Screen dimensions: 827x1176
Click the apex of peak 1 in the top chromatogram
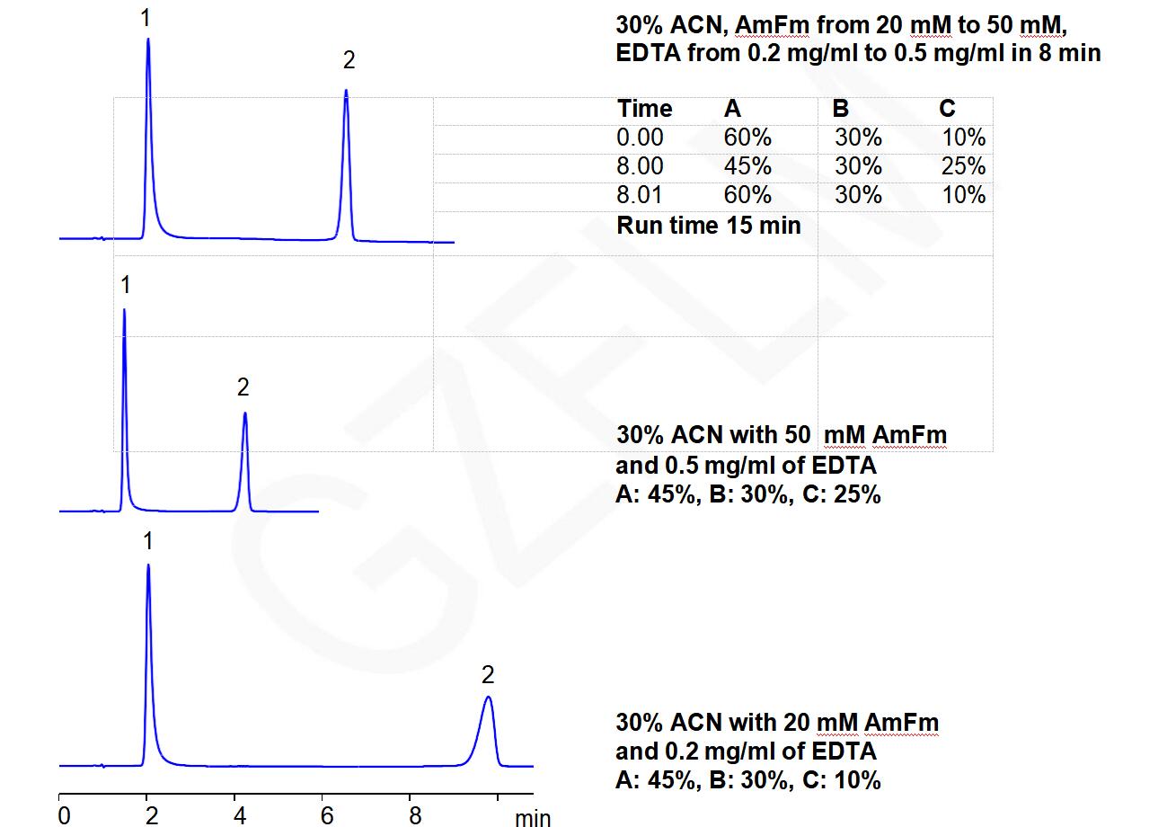click(148, 40)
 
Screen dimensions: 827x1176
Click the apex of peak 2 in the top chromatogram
click(346, 91)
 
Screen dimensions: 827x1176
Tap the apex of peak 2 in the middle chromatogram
click(244, 413)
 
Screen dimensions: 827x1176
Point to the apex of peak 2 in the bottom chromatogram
click(488, 697)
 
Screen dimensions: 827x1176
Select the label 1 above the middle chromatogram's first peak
click(125, 285)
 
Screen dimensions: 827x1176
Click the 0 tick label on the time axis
click(63, 816)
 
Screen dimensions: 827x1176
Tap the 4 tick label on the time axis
click(240, 816)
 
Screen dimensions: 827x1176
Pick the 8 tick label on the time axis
click(415, 816)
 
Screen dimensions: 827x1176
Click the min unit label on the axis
click(533, 818)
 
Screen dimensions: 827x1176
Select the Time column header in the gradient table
click(644, 109)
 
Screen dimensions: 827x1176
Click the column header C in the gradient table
click(947, 109)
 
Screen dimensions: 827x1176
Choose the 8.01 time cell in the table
click(640, 195)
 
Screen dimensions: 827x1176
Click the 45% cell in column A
click(747, 166)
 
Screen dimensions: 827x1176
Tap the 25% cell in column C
click(963, 166)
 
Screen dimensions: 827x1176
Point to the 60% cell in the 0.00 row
click(747, 138)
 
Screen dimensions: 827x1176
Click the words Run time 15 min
click(708, 225)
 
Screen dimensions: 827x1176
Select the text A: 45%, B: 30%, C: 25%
click(747, 494)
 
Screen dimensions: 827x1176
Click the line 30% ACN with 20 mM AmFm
click(777, 722)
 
